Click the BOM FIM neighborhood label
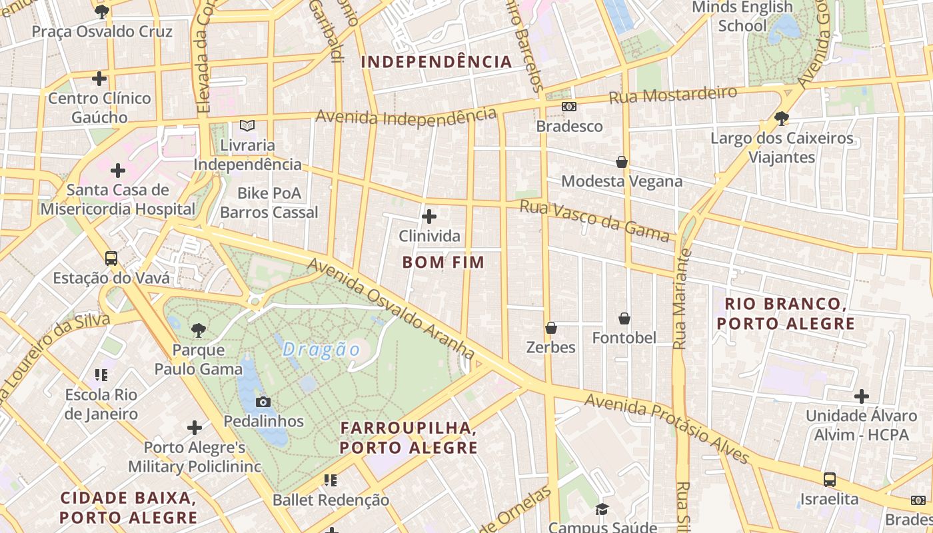coord(443,263)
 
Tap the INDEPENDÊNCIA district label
coord(437,63)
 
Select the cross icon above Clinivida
coord(429,217)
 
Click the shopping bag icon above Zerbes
coord(551,328)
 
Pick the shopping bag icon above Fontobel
coord(624,318)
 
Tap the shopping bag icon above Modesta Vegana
coord(622,162)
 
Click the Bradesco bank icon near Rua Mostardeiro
coord(569,107)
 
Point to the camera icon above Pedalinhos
coord(263,402)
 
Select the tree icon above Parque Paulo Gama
coord(198,329)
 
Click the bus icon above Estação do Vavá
coord(111,259)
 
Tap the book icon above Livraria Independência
coord(247,125)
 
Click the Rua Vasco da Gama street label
coord(594,221)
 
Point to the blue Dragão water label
coord(321,350)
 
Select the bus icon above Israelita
coord(830,479)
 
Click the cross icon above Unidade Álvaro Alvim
coord(862,396)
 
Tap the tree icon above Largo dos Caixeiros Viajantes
coord(782,119)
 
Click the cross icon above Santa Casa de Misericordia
coord(118,171)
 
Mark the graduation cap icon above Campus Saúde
coord(602,510)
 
